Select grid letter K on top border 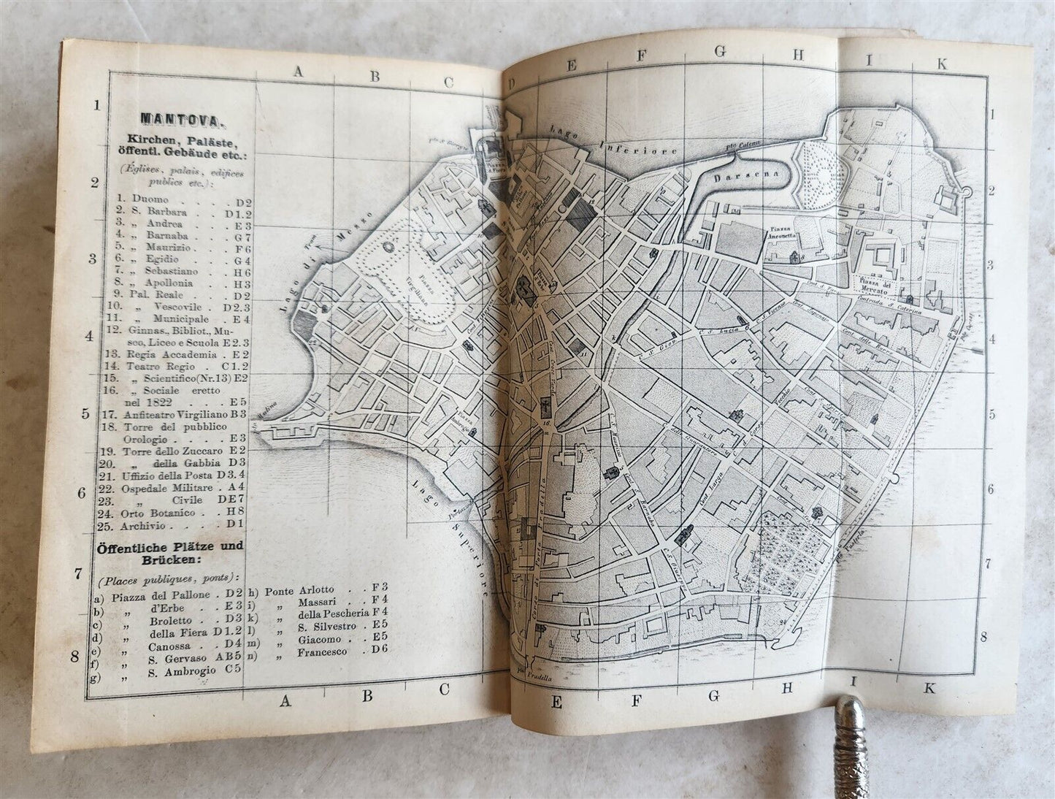942,64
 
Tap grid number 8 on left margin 74,656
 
